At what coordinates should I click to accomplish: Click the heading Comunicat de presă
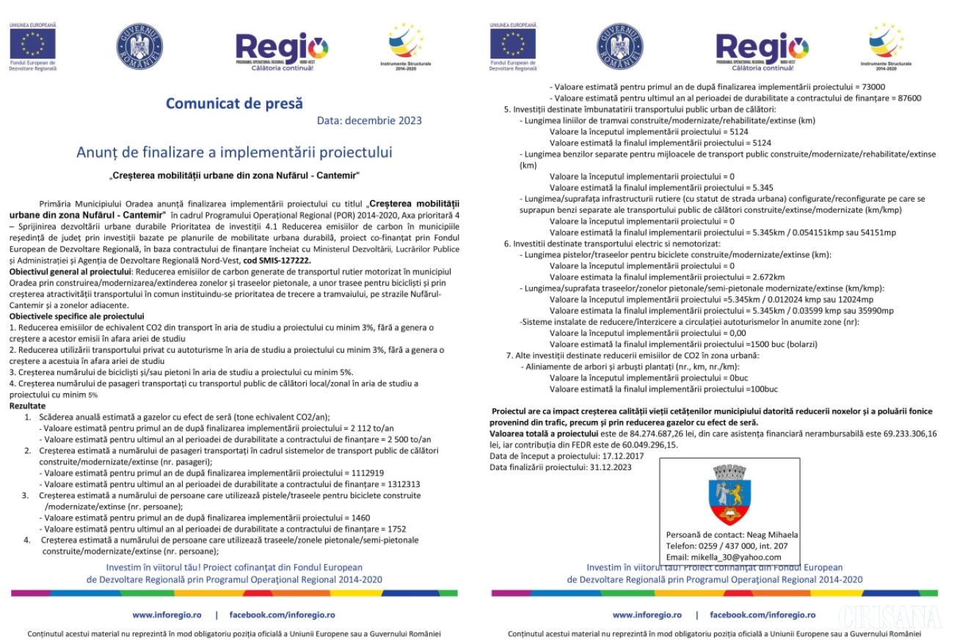click(234, 103)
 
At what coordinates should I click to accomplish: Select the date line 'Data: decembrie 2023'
click(369, 120)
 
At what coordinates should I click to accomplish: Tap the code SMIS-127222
click(283, 260)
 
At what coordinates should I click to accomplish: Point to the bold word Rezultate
click(27, 406)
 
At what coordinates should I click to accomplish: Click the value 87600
click(905, 98)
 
